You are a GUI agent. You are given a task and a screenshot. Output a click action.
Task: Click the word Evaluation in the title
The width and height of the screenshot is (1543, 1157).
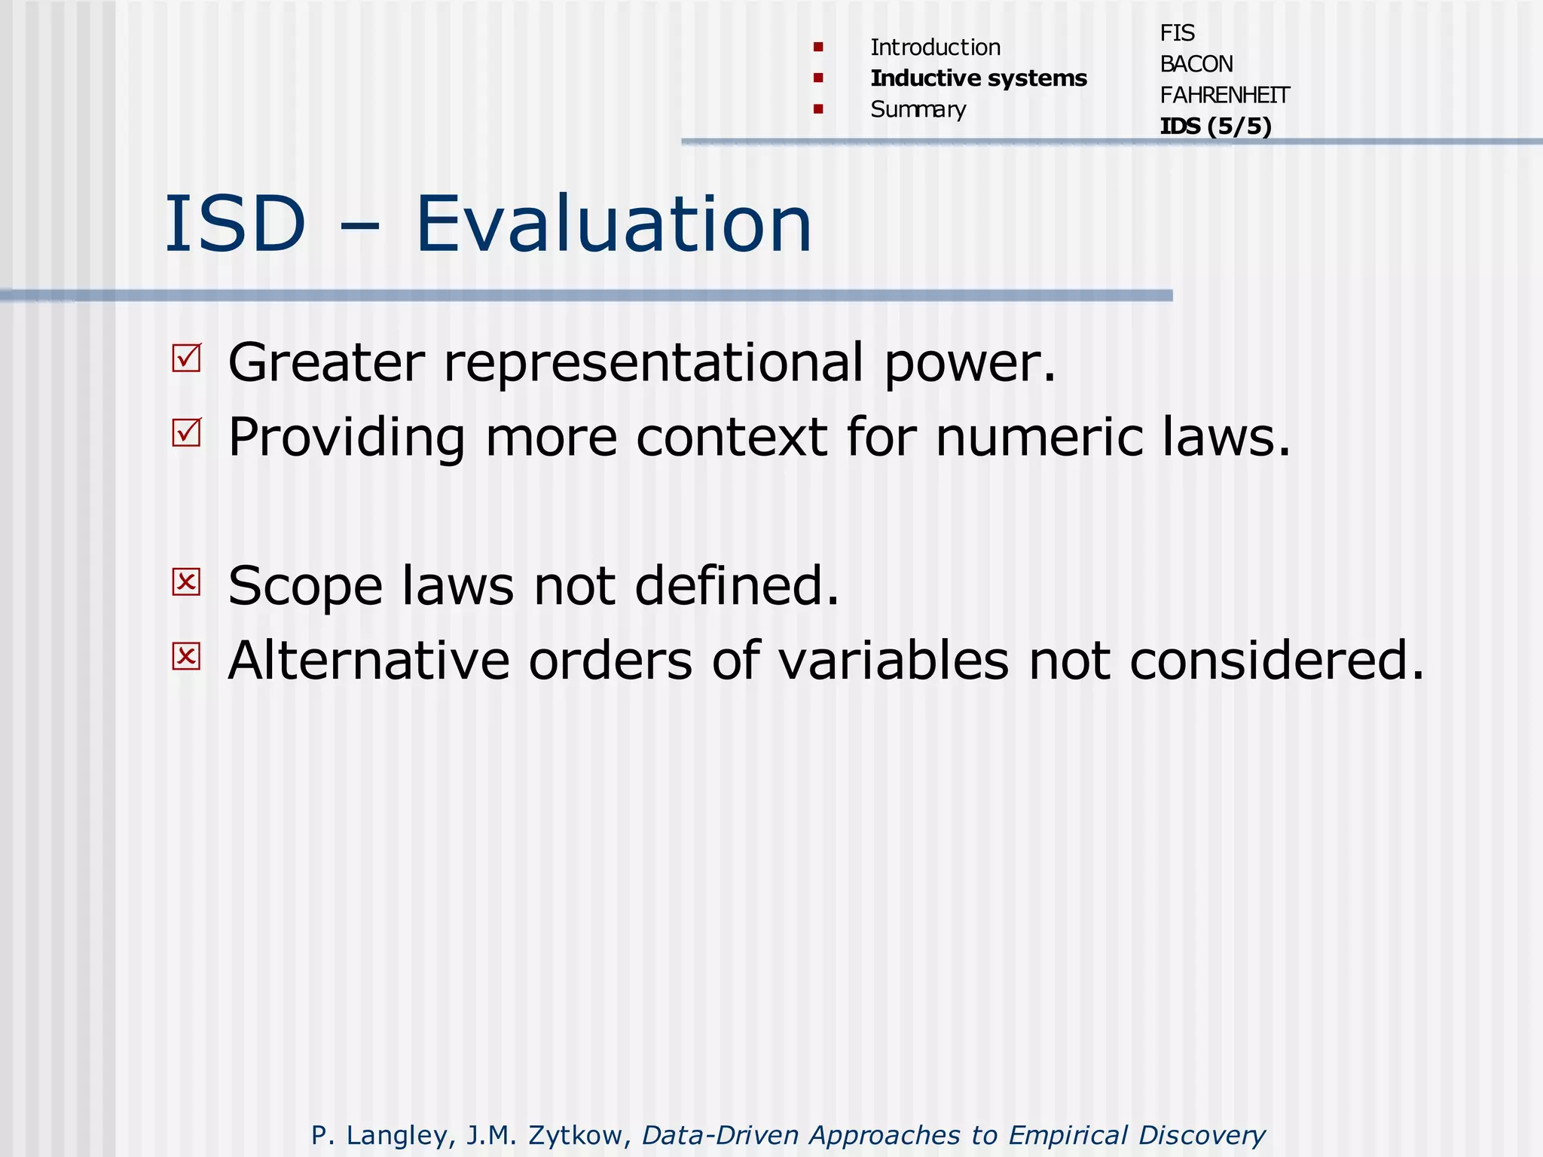pos(613,224)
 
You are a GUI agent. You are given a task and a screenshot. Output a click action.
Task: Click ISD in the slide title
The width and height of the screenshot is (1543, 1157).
pos(235,224)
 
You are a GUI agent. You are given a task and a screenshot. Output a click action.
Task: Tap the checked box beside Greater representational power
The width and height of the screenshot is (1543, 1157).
pos(186,358)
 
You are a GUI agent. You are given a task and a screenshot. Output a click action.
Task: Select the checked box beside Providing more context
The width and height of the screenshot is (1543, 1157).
pos(186,432)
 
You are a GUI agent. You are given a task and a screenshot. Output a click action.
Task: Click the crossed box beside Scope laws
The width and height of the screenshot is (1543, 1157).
pos(186,582)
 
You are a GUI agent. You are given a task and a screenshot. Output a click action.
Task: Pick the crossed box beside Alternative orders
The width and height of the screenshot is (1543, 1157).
pos(186,656)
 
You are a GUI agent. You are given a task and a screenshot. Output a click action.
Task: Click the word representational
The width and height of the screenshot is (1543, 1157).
pos(653,363)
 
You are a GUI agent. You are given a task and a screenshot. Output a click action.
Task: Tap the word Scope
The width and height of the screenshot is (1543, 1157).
pos(305,587)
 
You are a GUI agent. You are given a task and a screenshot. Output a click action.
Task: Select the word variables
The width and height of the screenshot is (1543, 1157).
pos(893,661)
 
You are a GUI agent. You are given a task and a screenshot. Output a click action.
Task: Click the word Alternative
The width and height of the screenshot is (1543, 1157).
pos(368,661)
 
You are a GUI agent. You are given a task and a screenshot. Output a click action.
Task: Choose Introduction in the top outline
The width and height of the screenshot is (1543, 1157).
pos(935,47)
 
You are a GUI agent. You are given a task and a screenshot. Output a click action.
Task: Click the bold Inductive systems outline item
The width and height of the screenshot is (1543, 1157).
pos(978,78)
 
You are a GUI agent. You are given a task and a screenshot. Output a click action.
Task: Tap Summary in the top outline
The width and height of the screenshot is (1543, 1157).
pos(918,110)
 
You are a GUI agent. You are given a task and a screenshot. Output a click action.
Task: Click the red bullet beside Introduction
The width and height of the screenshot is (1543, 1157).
pos(818,47)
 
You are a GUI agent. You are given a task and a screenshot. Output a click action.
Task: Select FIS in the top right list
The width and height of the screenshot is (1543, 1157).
pos(1177,33)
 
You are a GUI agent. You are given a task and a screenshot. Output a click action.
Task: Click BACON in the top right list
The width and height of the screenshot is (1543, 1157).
pos(1196,64)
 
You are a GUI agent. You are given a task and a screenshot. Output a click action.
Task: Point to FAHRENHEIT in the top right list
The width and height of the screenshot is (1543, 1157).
pos(1224,96)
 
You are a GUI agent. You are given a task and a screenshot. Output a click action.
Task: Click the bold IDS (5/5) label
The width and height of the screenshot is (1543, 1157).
pos(1215,127)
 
